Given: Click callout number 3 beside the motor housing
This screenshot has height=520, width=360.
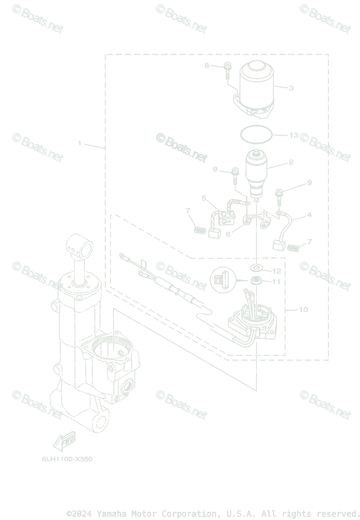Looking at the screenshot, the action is pyautogui.click(x=291, y=88).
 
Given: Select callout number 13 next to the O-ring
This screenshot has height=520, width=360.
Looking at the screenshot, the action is pyautogui.click(x=294, y=136).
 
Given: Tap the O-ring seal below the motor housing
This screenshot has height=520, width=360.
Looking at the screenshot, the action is pyautogui.click(x=256, y=133).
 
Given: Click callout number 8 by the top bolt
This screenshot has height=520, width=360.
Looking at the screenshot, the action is pyautogui.click(x=207, y=65).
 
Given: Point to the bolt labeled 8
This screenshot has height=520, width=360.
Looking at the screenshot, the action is pyautogui.click(x=227, y=71).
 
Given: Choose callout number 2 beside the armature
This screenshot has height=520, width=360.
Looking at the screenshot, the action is pyautogui.click(x=291, y=162).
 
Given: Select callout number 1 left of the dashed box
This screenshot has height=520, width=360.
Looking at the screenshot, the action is pyautogui.click(x=80, y=143).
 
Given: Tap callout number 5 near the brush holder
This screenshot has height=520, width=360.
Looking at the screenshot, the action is pyautogui.click(x=204, y=198).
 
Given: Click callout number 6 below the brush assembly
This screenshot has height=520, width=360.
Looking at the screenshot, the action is pyautogui.click(x=228, y=234).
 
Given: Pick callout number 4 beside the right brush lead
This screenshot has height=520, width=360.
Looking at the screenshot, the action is pyautogui.click(x=309, y=215).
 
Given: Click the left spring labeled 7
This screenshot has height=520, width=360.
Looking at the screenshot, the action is pyautogui.click(x=199, y=230).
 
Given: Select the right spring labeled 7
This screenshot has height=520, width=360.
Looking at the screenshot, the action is pyautogui.click(x=294, y=248).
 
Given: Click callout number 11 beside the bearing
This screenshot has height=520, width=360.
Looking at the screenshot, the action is pyautogui.click(x=276, y=282).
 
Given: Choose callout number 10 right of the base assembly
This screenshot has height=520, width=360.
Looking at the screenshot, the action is pyautogui.click(x=303, y=310).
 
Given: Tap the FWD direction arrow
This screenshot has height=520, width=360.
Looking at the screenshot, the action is pyautogui.click(x=64, y=441).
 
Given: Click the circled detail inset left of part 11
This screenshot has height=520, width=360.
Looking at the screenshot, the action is pyautogui.click(x=223, y=279).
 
